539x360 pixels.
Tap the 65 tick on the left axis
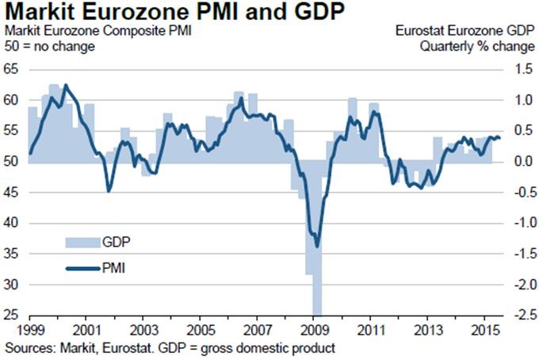pyautogui.click(x=12, y=70)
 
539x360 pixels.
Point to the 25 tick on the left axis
pyautogui.click(x=12, y=315)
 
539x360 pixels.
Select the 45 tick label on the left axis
pyautogui.click(x=12, y=193)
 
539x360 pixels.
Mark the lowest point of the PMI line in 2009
pyautogui.click(x=318, y=246)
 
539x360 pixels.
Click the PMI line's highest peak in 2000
pyautogui.click(x=65, y=85)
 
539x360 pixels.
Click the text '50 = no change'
pyautogui.click(x=50, y=46)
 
